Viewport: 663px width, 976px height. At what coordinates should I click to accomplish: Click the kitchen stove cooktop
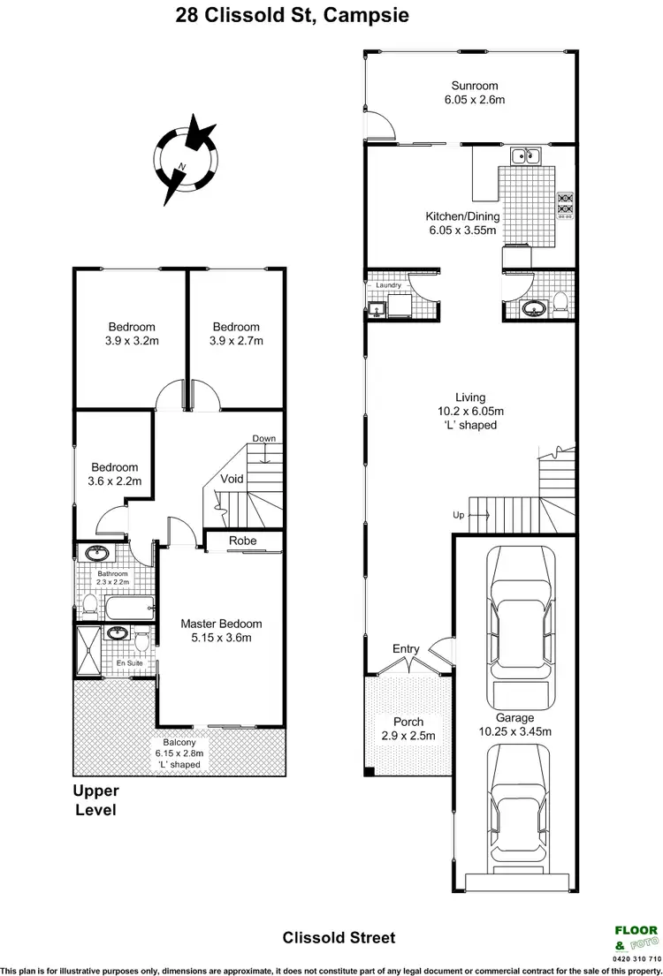click(565, 205)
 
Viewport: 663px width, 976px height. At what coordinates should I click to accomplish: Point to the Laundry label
click(389, 285)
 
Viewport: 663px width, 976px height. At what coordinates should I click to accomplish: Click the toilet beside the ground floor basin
click(560, 306)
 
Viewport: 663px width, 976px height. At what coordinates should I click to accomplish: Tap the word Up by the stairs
click(458, 515)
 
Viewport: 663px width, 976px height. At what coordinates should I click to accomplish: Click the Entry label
click(406, 649)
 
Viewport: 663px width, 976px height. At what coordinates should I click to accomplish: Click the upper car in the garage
click(514, 619)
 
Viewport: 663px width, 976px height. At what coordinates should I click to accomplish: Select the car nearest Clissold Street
click(514, 808)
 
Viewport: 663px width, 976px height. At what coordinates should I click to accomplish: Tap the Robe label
click(243, 541)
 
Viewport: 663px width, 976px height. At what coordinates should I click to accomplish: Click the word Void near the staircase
click(232, 480)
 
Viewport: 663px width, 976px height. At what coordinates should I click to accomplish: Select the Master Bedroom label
click(222, 624)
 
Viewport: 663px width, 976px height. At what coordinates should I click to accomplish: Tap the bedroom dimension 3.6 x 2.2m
click(114, 481)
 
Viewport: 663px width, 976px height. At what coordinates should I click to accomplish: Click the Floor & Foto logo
click(636, 936)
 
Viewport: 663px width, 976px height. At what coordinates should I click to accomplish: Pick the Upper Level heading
click(95, 800)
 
